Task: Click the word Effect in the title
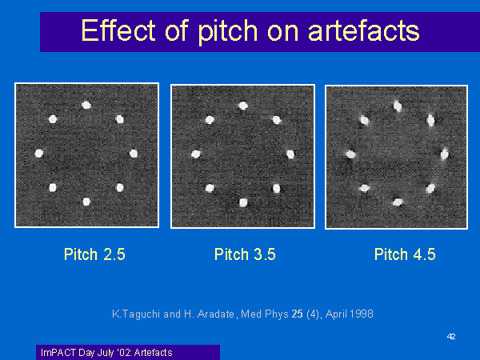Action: (118, 30)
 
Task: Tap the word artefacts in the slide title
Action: (364, 31)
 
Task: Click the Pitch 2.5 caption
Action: (94, 254)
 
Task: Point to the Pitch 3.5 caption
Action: (245, 254)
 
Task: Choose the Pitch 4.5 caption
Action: (405, 254)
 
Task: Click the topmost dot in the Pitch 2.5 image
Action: (86, 106)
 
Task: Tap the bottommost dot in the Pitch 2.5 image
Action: (86, 202)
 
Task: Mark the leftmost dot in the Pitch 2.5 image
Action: (39, 153)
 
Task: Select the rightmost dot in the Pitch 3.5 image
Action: (290, 154)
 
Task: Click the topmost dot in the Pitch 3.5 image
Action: (243, 106)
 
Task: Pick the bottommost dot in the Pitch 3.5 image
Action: (243, 202)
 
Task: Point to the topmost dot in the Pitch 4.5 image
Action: (398, 106)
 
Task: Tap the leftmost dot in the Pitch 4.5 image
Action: (351, 154)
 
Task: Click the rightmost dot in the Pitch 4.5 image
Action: (445, 154)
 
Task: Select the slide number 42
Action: (451, 337)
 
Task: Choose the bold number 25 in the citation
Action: (298, 314)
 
